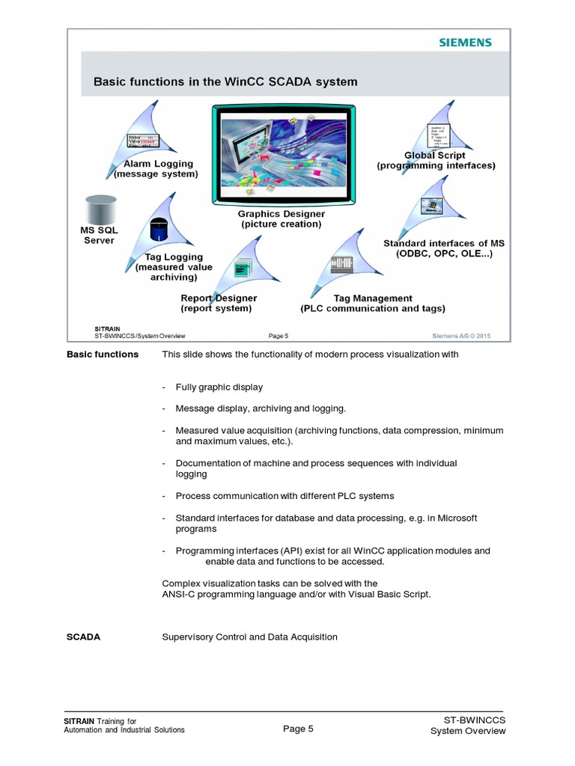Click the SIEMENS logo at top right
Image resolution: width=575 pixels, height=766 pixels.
(x=465, y=43)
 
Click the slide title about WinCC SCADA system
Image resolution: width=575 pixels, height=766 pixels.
(x=225, y=82)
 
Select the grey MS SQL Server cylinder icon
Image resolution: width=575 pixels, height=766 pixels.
(x=100, y=208)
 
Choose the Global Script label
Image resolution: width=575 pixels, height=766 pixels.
(x=434, y=156)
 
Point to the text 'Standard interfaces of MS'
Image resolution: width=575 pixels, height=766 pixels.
(x=443, y=243)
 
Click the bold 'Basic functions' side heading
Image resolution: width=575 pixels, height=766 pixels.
(x=103, y=355)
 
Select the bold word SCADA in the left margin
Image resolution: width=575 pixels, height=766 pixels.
(x=84, y=637)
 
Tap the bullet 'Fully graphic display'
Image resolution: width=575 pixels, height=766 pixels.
(x=219, y=387)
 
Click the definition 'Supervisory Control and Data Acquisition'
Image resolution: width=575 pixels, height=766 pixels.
(x=249, y=637)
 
